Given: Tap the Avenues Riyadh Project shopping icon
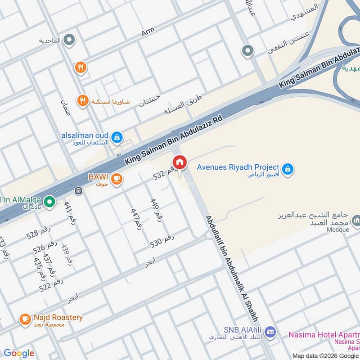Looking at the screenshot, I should click(288, 169).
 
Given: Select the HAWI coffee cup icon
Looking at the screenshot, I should click(117, 179).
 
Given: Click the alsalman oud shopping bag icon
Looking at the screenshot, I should click(117, 137).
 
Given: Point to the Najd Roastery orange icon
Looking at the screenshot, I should click(25, 319).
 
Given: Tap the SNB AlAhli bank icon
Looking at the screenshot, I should click(270, 332).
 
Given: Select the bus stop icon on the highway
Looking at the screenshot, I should click(79, 190).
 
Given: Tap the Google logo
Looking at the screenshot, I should click(18, 353).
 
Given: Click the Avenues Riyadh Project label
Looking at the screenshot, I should click(238, 167).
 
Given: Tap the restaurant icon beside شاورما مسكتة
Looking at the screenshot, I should click(82, 101).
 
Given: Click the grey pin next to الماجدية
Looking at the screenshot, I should click(69, 40).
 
